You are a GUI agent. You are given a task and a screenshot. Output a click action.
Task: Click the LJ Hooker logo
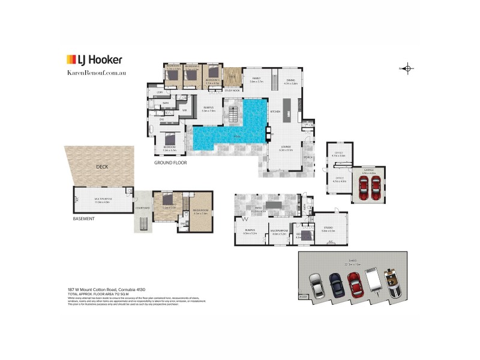pos(94,59)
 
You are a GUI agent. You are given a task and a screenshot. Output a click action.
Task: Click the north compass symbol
pos(407,68)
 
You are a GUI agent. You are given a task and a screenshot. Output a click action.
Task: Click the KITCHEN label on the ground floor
pos(275,112)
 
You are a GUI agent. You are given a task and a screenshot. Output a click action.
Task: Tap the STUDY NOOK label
pos(232,91)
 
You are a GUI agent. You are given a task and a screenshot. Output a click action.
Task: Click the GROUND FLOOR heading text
pos(172,163)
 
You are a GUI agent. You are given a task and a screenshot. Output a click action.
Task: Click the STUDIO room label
pos(328,227)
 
